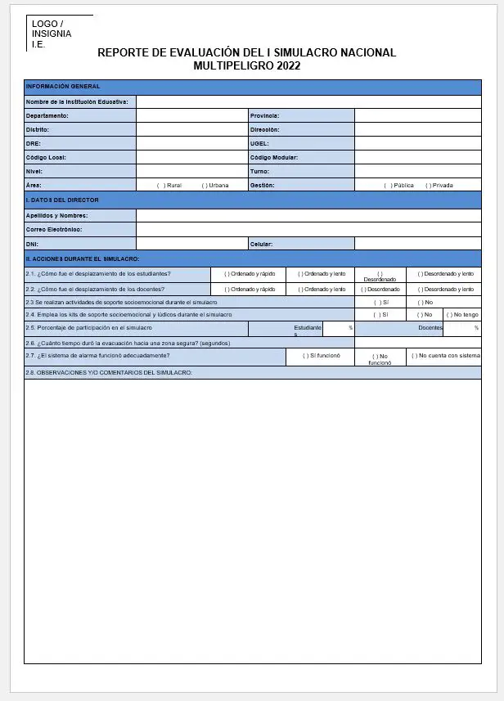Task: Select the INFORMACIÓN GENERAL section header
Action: [63, 86]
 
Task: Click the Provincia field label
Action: [264, 115]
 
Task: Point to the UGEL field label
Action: [259, 143]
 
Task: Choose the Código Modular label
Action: [273, 157]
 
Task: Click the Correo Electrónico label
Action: [54, 230]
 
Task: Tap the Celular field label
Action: [262, 244]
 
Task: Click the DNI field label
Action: [32, 244]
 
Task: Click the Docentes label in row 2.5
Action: [430, 327]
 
